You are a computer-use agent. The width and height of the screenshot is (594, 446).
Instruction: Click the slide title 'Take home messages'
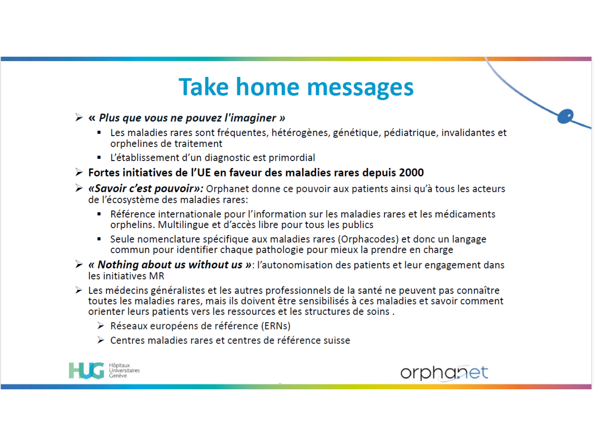click(296, 87)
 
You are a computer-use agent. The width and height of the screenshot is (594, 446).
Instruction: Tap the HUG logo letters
click(86, 370)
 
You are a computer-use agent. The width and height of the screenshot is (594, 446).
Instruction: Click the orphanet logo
click(444, 373)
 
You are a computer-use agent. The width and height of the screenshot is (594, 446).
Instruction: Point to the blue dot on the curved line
click(565, 117)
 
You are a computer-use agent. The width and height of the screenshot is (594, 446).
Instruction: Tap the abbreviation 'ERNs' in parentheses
click(276, 326)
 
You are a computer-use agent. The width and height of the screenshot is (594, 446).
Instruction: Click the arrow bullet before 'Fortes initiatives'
click(79, 172)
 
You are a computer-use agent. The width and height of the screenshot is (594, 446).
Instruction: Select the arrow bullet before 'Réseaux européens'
click(101, 325)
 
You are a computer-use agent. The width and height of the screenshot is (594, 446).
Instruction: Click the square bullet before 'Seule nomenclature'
click(99, 239)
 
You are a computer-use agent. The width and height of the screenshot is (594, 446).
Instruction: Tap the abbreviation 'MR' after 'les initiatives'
click(156, 276)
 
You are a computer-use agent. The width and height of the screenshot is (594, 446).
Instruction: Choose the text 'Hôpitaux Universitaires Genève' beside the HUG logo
click(124, 370)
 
